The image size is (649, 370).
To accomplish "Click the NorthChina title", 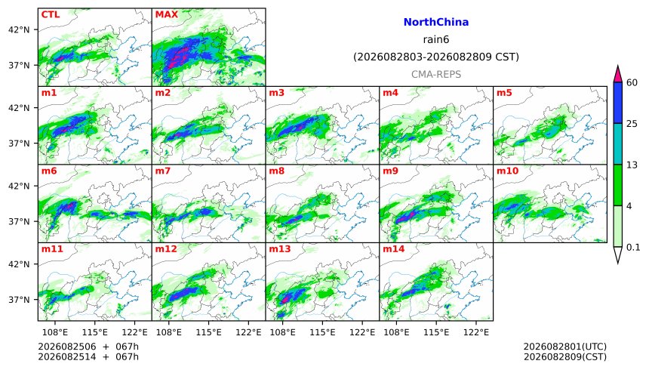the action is pos(436,23).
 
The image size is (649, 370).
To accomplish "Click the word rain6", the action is pos(436,39).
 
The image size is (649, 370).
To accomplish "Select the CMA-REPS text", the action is pos(436,75).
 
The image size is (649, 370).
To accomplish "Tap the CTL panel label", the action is pos(51,14).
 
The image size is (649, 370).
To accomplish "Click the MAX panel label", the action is pos(166,14).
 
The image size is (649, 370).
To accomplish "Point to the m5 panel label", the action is pos(504,92).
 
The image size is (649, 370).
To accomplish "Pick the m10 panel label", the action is pos(507,171).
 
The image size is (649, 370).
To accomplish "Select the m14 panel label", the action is pos(394,248).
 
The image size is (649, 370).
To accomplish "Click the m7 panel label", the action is pos(163,171).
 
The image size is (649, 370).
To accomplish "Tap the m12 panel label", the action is pos(166,248).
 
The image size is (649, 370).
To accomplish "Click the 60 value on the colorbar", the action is pos(632,82).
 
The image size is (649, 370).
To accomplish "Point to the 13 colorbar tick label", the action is pos(632,165).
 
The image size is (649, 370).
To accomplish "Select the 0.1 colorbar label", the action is pos(633,248).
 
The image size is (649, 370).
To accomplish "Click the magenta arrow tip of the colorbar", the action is pos(617,66).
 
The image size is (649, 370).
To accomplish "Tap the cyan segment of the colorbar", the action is pos(617,143).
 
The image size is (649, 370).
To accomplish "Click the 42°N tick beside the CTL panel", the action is pos(19,30).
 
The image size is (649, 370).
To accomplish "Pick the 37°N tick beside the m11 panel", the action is pos(19,300).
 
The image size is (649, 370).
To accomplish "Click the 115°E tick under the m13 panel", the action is pos(322,332).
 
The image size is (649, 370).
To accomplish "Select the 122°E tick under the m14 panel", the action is pos(476,332).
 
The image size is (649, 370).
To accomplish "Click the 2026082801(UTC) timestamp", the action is pos(565,347).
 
